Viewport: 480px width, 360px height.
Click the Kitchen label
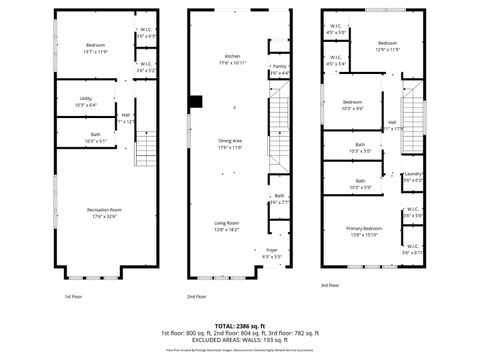pyautogui.click(x=232, y=55)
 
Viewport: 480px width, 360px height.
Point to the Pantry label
pyautogui.click(x=280, y=66)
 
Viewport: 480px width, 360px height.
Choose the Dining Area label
pyautogui.click(x=231, y=141)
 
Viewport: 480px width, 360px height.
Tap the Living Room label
pyautogui.click(x=226, y=223)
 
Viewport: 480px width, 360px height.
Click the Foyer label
pyautogui.click(x=272, y=251)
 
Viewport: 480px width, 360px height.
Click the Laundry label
pyautogui.click(x=412, y=175)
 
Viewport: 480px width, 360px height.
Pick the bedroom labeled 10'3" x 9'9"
pyautogui.click(x=353, y=103)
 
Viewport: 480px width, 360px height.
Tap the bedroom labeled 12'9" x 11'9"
pyautogui.click(x=388, y=44)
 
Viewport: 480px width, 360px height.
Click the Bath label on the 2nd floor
pyautogui.click(x=280, y=196)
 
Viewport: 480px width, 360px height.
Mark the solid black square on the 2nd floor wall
pyautogui.click(x=197, y=100)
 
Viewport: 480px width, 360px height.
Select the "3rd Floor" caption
pyautogui.click(x=330, y=287)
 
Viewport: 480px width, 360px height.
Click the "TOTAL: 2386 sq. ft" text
pyautogui.click(x=239, y=326)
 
